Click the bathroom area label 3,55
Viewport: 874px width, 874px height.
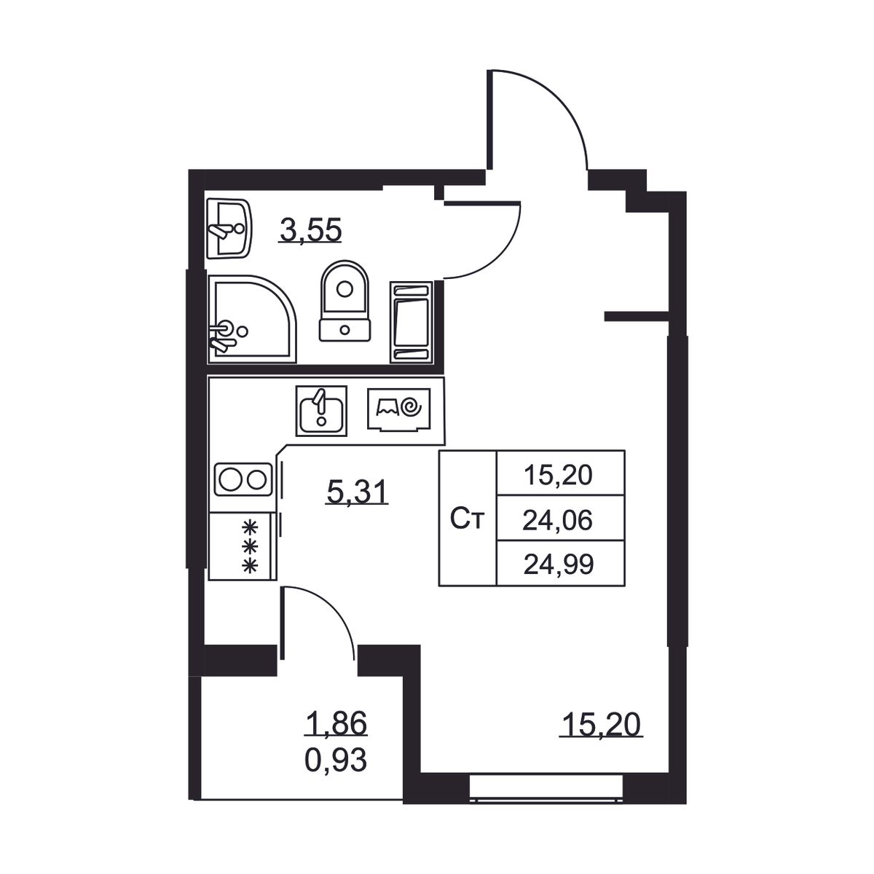click(x=311, y=229)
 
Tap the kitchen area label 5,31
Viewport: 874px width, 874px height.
click(x=357, y=492)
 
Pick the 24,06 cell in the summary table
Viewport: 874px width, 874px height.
click(x=557, y=520)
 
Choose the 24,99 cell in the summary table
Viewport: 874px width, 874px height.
click(x=559, y=565)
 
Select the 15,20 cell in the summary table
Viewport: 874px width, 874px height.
click(x=558, y=476)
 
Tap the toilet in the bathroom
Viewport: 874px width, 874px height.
click(x=345, y=301)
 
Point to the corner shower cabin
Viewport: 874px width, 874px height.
click(x=252, y=319)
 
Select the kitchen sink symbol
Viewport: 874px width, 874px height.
click(x=321, y=411)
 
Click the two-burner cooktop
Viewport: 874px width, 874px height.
click(x=243, y=479)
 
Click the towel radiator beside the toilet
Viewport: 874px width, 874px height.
click(x=411, y=323)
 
